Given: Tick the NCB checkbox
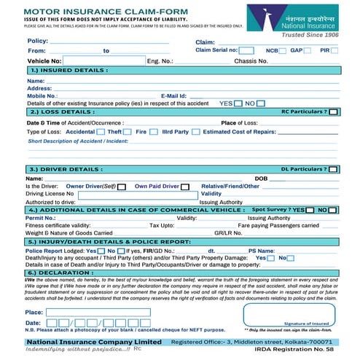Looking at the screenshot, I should point(283,50).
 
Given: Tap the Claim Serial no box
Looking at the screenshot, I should point(246,50).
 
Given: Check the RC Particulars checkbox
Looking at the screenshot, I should point(333,112).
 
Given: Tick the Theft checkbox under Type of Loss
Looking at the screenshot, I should point(128,133).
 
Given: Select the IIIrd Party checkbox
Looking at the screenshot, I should point(195,133).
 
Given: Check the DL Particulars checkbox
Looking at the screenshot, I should point(332,169).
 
